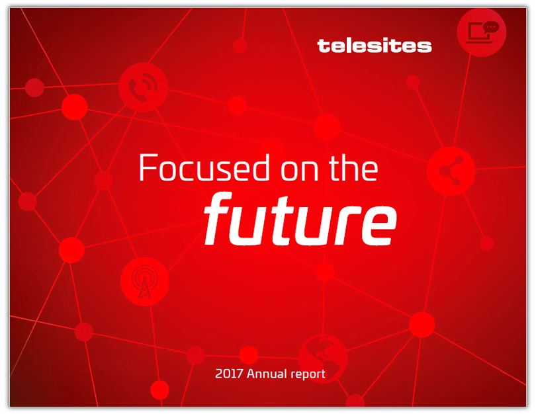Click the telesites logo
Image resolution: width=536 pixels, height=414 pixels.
coord(375,46)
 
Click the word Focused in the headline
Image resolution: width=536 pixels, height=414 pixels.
coord(204,167)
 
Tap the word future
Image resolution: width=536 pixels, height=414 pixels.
coord(300,219)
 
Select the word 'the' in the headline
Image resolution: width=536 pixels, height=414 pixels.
coord(353,167)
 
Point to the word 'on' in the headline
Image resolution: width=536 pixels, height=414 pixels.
coord(300,171)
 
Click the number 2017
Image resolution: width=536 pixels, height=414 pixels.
coord(229,374)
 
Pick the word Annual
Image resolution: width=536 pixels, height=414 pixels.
coord(267,374)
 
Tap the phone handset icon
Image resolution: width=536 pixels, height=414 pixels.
coord(143,87)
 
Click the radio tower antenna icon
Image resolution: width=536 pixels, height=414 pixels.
coord(145,282)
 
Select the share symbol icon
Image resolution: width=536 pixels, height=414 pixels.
coord(451,171)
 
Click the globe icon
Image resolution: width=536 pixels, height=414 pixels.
coord(323,358)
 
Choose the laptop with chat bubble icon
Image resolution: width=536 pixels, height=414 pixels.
coord(481,32)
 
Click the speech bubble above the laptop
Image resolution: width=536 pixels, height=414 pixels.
coord(491,27)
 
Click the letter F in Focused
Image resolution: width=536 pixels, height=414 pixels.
coord(149,167)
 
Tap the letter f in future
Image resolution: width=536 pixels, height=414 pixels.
coord(218,219)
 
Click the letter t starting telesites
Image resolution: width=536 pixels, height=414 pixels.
coord(324,46)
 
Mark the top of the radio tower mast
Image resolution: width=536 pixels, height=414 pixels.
coord(145,276)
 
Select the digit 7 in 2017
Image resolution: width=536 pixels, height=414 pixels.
coord(240,374)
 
